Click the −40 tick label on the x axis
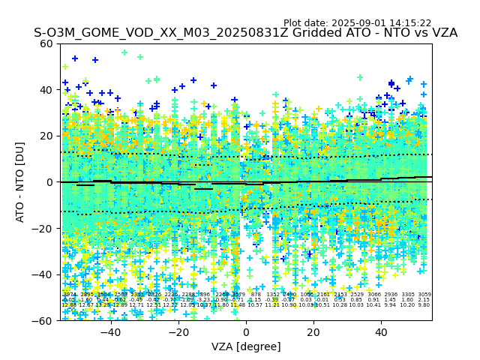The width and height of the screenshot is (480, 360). tap(110, 332)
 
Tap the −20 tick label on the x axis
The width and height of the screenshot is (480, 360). tap(178, 332)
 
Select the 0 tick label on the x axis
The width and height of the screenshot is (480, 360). tap(246, 332)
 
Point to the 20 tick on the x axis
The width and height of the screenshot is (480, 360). tap(313, 332)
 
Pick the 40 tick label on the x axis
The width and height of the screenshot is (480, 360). tap(381, 332)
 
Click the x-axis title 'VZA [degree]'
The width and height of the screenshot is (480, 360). tap(246, 346)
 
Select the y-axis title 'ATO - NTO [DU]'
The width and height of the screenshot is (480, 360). tap(21, 181)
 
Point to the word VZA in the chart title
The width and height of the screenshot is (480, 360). tap(442, 33)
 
